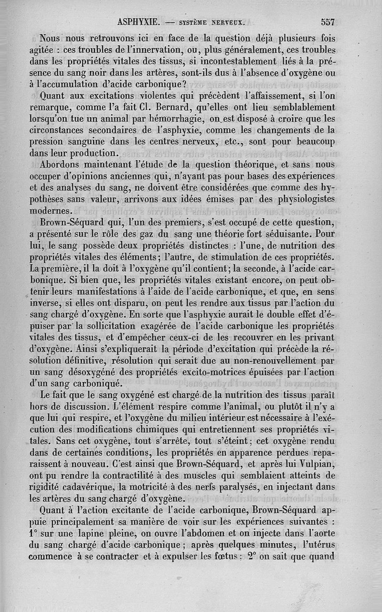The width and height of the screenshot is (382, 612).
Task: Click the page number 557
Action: pyautogui.click(x=329, y=22)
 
